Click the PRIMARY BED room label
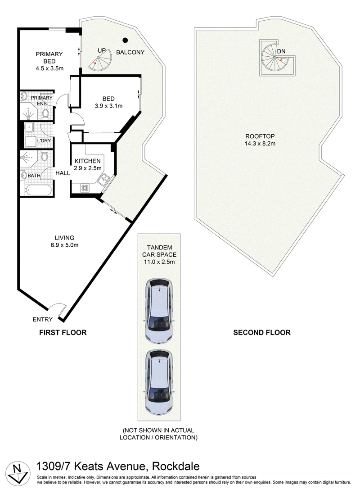49,57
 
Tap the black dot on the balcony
125,40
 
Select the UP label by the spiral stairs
102,50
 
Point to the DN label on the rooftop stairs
281,51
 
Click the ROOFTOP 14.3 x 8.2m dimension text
260,144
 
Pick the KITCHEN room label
88,161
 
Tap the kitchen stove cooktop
85,188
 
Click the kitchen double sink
103,179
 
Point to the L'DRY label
44,140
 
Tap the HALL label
63,173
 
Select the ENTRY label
43,319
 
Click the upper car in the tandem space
159,310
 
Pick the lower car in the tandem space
159,382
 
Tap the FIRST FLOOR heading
63,333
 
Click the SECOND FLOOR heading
262,333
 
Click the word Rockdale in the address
176,466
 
